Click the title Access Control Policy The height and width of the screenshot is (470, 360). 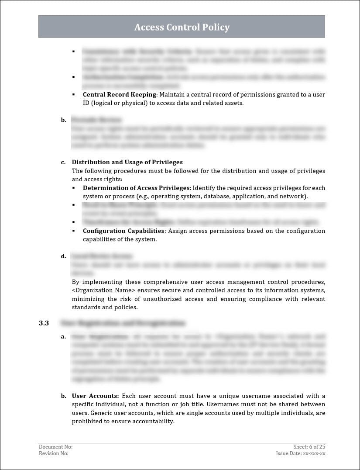pyautogui.click(x=182, y=27)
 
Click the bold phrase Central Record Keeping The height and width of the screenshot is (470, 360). pyautogui.click(x=120, y=94)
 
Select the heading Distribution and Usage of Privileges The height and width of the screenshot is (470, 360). pyautogui.click(x=127, y=162)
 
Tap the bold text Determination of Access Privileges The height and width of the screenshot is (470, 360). pyautogui.click(x=136, y=188)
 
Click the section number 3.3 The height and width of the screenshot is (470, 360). pyautogui.click(x=44, y=323)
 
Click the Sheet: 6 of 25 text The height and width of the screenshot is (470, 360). pyautogui.click(x=309, y=446)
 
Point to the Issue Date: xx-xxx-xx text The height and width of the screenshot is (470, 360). pyautogui.click(x=301, y=453)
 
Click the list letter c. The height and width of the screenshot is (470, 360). pyautogui.click(x=63, y=162)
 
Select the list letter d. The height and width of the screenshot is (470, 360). pyautogui.click(x=63, y=256)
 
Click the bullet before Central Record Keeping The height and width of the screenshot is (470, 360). pyautogui.click(x=74, y=95)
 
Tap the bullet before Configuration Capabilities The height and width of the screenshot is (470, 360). pyautogui.click(x=74, y=231)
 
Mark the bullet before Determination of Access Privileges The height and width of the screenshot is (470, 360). pyautogui.click(x=74, y=188)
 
